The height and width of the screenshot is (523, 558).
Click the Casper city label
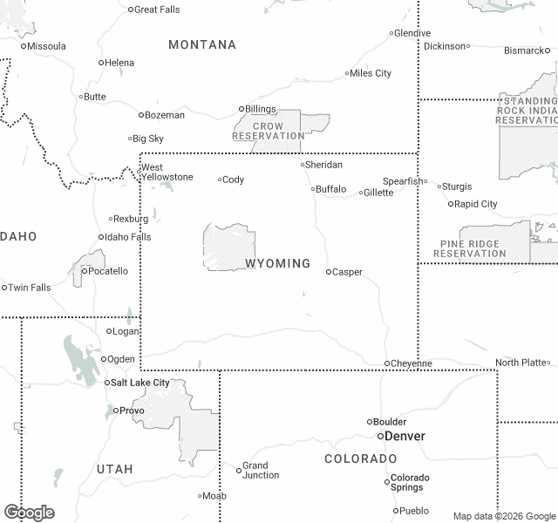point(348,272)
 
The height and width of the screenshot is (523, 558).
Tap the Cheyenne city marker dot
point(387,363)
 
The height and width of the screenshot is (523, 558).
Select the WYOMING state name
point(277,263)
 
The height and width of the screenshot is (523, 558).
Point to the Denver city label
point(405,436)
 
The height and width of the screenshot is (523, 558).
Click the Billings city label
point(261,109)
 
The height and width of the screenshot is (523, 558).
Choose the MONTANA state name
point(202,44)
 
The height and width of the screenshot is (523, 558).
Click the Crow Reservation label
point(269,132)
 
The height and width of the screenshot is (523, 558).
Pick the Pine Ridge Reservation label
point(470,249)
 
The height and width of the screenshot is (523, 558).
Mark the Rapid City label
point(477,204)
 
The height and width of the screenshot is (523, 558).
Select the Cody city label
point(234,180)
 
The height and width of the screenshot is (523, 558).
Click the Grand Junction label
point(261,471)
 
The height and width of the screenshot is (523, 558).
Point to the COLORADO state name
point(361,458)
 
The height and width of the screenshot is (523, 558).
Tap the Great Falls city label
point(158,10)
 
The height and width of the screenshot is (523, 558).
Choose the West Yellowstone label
point(167,173)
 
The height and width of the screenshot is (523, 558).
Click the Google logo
point(29,513)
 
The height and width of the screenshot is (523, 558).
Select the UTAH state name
point(115,469)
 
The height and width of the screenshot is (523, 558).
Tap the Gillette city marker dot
point(361,193)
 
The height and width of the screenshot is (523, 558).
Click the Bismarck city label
point(524,51)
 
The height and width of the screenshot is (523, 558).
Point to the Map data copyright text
point(503,516)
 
